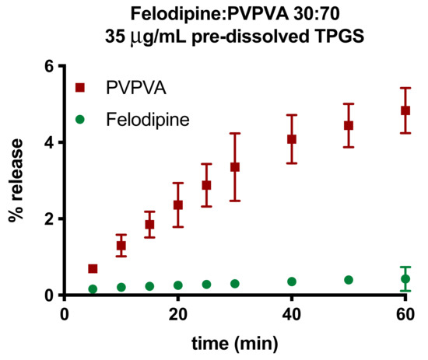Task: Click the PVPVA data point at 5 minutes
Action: click(x=93, y=269)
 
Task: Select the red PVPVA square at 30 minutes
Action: click(x=235, y=167)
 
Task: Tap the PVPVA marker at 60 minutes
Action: click(x=405, y=110)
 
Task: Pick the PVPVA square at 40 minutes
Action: click(x=292, y=139)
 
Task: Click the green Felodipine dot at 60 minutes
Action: click(x=405, y=278)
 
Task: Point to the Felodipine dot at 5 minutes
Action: click(x=93, y=289)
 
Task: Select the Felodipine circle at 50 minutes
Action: click(x=349, y=280)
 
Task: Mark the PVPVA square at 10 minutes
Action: click(x=121, y=246)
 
